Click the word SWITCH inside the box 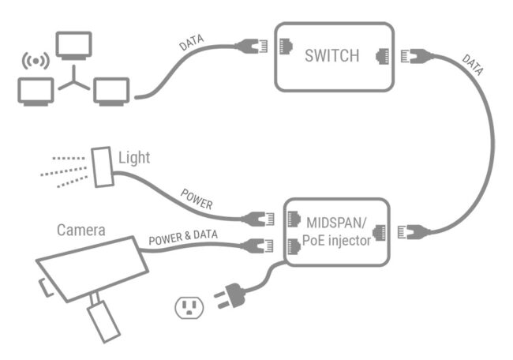[x=332, y=56]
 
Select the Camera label [x=81, y=231]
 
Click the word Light [x=133, y=158]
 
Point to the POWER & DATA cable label [x=183, y=236]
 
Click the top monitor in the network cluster [x=74, y=44]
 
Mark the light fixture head [x=101, y=167]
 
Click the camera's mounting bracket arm [x=102, y=316]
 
